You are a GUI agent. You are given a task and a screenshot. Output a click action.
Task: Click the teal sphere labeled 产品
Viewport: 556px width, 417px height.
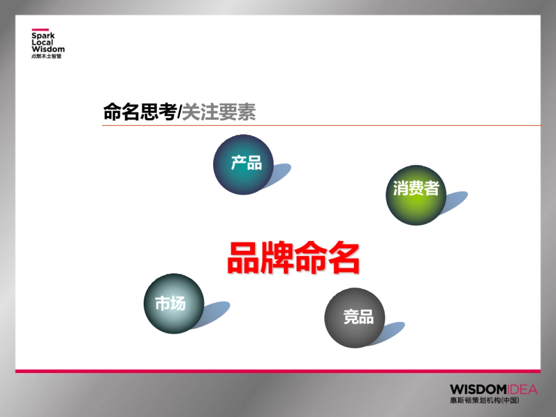point(243,164)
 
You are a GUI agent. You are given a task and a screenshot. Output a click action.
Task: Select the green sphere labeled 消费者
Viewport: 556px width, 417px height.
point(416,195)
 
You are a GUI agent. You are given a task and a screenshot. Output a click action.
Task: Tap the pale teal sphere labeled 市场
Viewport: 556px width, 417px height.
point(174,303)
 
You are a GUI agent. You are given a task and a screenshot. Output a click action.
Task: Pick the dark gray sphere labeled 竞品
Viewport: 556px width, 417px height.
point(354,318)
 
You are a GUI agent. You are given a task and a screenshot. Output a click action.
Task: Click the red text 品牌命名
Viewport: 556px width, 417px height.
point(293,259)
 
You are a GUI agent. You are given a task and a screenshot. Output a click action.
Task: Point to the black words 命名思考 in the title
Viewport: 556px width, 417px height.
point(139,112)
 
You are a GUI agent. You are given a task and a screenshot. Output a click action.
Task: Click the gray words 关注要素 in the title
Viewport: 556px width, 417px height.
point(219,112)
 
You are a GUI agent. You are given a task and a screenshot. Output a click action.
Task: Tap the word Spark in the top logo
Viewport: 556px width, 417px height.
point(43,36)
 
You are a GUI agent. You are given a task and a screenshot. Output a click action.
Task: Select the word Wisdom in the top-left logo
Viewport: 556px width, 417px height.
point(48,49)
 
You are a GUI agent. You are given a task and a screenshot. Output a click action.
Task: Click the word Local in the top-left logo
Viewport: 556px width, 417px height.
point(42,43)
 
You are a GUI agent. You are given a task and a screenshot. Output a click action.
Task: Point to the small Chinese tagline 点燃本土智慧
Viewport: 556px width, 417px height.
point(46,56)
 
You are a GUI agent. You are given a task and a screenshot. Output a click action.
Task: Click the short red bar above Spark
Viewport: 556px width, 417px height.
point(40,29)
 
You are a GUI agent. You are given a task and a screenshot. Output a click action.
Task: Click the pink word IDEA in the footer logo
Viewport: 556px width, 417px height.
point(522,389)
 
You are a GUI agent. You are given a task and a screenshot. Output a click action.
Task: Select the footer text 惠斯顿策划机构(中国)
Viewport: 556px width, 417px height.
point(484,400)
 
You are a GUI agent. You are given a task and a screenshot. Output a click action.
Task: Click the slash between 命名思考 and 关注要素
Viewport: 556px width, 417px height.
point(179,113)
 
